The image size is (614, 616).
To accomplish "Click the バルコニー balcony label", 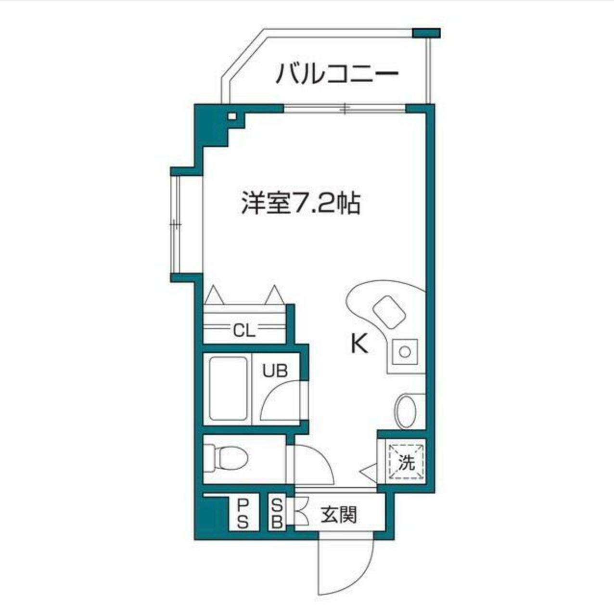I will (337, 74).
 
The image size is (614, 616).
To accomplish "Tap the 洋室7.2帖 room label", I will (301, 204).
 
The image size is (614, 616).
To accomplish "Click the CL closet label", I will (244, 331).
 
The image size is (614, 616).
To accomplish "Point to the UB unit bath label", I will (275, 371).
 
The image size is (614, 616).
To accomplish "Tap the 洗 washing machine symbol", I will (407, 462).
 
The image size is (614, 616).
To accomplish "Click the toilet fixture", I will (226, 457).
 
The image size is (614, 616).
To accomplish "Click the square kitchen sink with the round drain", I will (404, 352).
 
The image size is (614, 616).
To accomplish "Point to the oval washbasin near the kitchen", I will (406, 411).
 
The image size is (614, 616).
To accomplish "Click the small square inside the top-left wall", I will (232, 116).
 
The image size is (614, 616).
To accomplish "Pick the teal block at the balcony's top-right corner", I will (427, 33).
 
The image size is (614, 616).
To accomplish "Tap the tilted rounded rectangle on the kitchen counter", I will (389, 311).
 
